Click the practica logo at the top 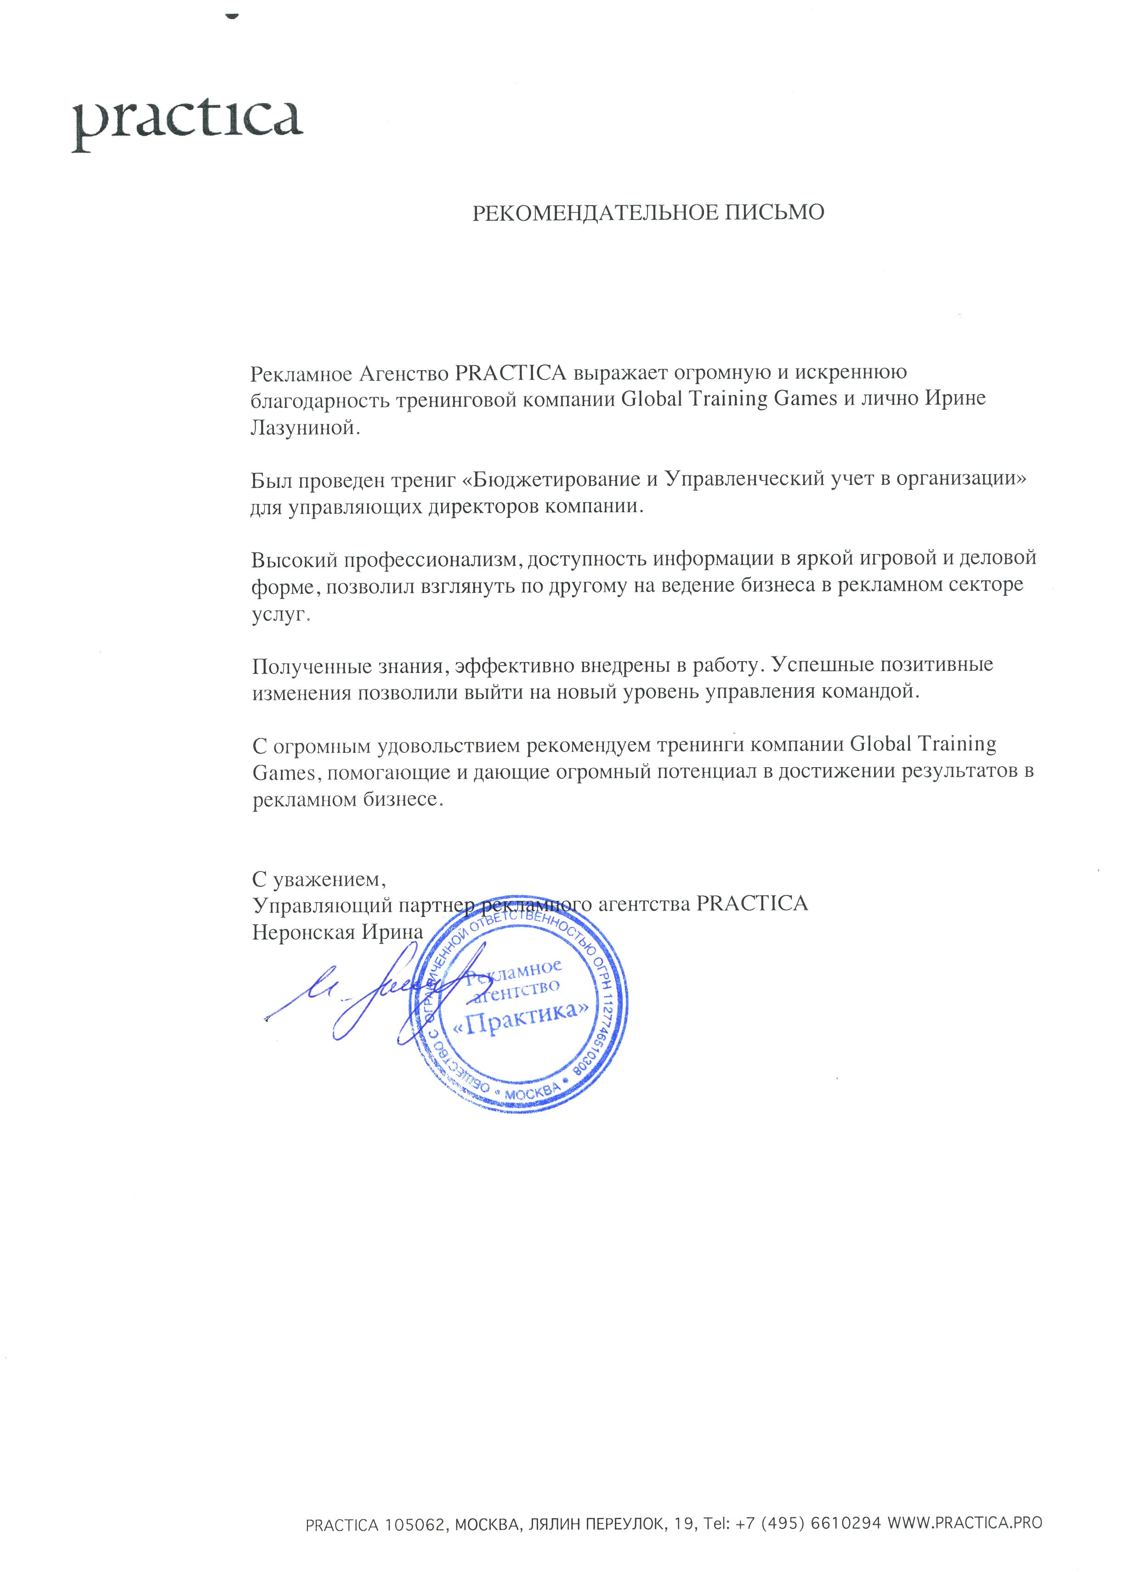[187, 125]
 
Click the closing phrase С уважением [315, 880]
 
